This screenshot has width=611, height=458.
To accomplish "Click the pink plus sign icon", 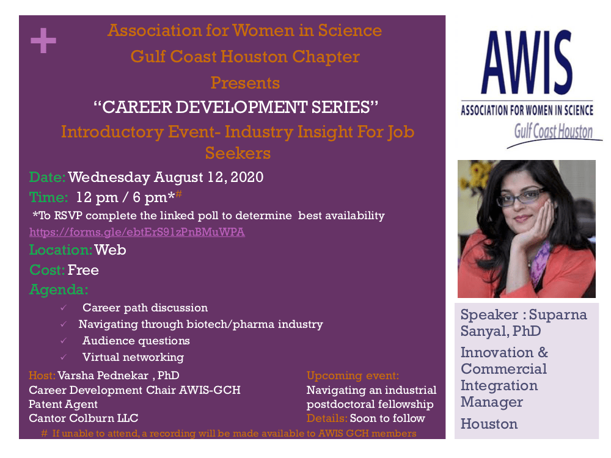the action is coord(43,40).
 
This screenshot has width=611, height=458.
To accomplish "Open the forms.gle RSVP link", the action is coord(137,232).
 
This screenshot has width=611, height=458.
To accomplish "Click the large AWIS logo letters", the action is coord(527,62).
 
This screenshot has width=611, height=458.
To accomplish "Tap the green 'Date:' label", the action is coord(48,177).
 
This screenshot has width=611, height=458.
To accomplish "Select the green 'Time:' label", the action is coord(49,197).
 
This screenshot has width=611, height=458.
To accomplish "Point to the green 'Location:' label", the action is coord(60,250).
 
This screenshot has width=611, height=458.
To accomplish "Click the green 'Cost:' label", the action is coord(47,270).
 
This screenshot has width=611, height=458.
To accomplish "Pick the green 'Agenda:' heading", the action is coord(59,289).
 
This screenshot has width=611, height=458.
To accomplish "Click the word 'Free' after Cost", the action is coord(83,270).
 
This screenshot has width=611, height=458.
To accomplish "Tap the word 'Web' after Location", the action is coord(110,250).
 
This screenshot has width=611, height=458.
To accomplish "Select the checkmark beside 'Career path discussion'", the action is coord(64,308).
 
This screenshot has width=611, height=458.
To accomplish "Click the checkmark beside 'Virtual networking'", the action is coord(64,357).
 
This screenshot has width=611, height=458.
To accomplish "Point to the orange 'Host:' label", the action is coord(42,376).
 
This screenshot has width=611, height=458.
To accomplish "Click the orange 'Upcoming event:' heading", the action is coord(353,376).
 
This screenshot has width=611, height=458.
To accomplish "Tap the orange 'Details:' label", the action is coord(327,418).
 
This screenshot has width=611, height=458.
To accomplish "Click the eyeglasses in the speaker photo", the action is coord(521,197).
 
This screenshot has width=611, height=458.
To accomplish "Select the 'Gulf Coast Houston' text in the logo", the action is coord(554,131).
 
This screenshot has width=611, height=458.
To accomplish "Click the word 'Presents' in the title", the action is coord(245,83).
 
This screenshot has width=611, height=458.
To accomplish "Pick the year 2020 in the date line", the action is coord(247,177).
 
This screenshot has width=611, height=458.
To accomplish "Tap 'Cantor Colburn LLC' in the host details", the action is coord(83,418).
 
